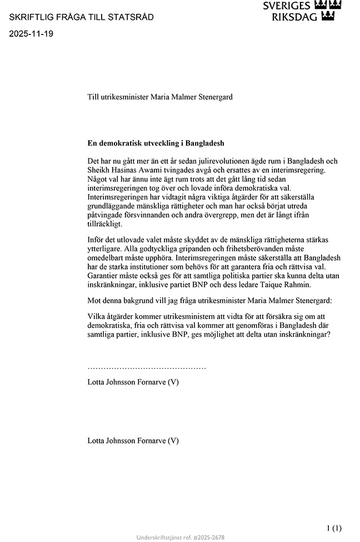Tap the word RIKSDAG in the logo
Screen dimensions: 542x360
click(x=294, y=17)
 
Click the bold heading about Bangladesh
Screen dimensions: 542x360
click(x=156, y=143)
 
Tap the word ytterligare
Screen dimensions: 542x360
click(x=106, y=249)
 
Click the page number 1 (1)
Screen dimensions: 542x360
click(x=333, y=528)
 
